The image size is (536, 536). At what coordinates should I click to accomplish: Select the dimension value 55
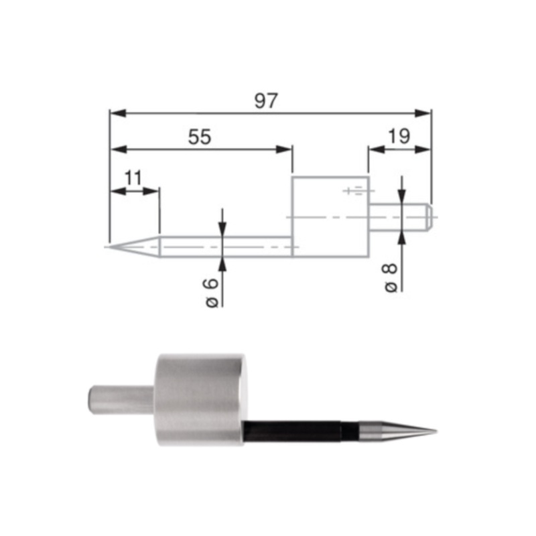tap(199, 137)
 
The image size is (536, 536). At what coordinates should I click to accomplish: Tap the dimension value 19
tap(399, 137)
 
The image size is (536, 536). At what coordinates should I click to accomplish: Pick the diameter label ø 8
tap(391, 277)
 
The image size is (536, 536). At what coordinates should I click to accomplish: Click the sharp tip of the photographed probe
tap(435, 431)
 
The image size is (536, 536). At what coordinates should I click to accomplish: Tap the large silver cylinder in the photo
tap(200, 400)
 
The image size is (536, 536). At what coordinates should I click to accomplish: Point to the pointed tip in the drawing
tap(109, 246)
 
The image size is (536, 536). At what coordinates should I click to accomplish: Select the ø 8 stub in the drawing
tap(399, 217)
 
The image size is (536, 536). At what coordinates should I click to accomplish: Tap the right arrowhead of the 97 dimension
tap(425, 113)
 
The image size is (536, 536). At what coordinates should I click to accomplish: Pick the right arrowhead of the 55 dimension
tap(286, 149)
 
